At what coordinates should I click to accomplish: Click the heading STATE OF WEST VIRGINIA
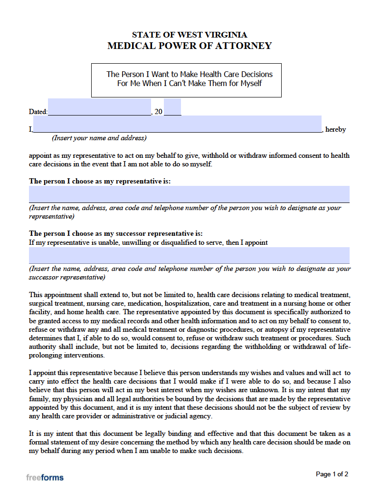coord(189,35)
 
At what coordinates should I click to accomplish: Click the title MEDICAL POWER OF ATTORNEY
coord(190,46)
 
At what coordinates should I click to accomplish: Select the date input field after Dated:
coord(99,107)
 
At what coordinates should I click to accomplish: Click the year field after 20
coord(172,107)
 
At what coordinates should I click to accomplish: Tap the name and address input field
coord(177,124)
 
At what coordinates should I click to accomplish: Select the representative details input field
coord(189,194)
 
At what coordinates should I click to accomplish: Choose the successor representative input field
coord(189,255)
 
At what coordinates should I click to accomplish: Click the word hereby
coord(335,129)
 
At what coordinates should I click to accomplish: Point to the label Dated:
coord(38,112)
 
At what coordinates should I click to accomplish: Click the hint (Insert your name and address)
coord(99,138)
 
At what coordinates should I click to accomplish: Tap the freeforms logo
coord(45,477)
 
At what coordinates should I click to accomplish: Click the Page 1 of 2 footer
coord(332,474)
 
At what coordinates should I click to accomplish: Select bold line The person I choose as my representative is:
coord(100,181)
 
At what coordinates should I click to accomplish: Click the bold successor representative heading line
coord(116,233)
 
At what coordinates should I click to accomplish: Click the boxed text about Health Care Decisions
coord(189,79)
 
